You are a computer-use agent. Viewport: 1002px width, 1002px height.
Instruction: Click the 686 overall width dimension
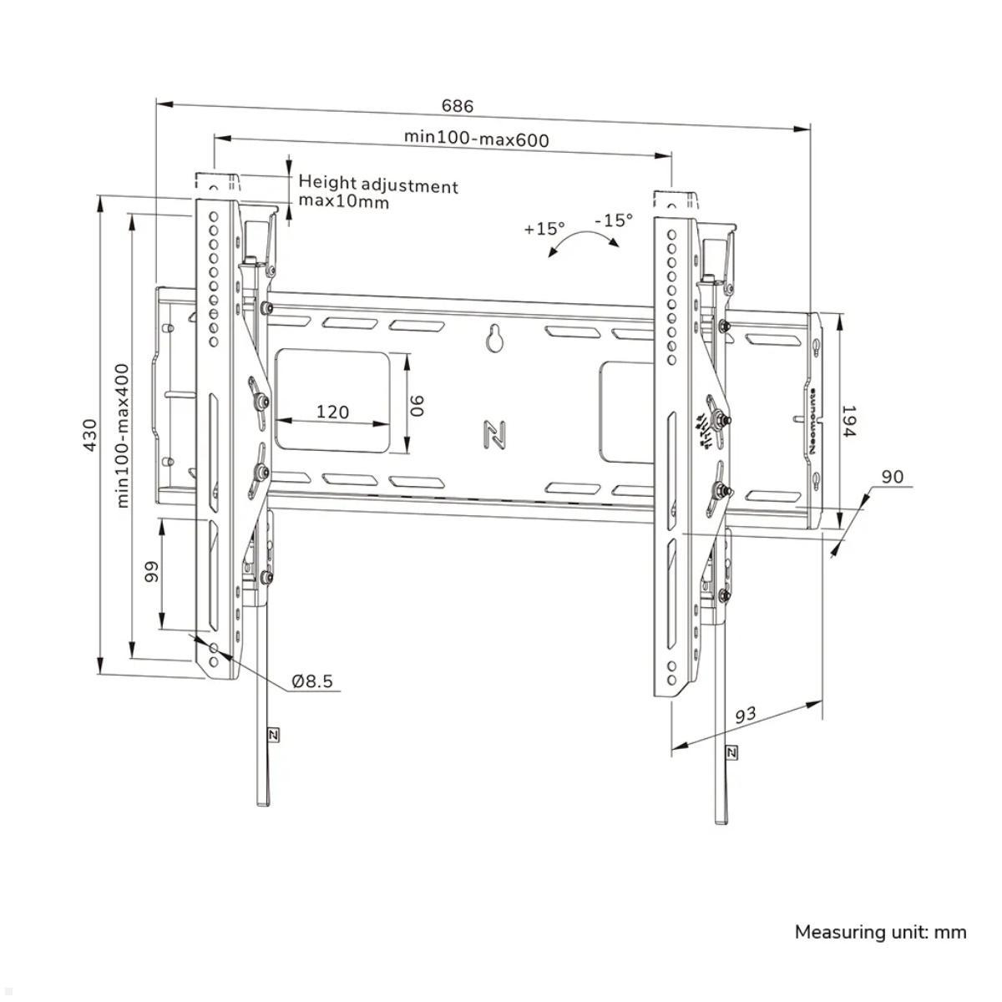[x=457, y=106]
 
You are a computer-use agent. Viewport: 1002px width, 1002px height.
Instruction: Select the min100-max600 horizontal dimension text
[x=477, y=138]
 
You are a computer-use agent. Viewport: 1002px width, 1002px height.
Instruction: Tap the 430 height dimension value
[x=89, y=435]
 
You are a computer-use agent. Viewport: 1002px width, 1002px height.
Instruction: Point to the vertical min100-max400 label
[x=122, y=434]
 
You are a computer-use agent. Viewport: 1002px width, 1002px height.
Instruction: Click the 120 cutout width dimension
[x=332, y=412]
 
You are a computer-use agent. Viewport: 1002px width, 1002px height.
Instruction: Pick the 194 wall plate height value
[x=848, y=423]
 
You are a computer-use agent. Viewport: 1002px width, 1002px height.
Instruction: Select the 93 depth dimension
[x=746, y=716]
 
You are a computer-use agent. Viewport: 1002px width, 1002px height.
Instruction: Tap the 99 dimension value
[x=151, y=573]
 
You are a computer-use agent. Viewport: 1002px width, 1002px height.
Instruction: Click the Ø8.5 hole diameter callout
[x=312, y=681]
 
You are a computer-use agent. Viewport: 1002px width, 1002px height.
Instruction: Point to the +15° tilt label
[x=544, y=228]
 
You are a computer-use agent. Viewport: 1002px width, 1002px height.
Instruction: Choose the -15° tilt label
[x=614, y=220]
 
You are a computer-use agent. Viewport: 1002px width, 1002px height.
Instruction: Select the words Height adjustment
[x=378, y=185]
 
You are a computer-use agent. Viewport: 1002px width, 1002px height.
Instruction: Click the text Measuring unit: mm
[x=880, y=932]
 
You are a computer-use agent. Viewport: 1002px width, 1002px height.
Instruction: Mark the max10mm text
[x=344, y=202]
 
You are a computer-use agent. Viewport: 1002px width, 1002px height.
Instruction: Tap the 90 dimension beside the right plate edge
[x=892, y=477]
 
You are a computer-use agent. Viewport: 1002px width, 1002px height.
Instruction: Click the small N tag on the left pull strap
[x=273, y=735]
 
